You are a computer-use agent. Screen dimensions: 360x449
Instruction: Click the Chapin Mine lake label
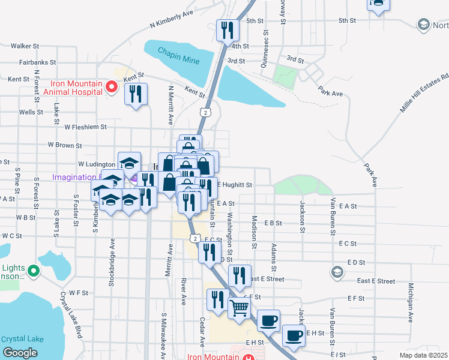point(178,51)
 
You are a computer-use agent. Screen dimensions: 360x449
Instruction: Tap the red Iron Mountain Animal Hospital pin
point(111,88)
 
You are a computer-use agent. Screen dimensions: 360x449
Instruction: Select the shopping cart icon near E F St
point(240,308)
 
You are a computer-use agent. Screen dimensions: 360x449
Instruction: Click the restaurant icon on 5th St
point(228,29)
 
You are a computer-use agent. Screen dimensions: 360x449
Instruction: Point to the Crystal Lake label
point(22,338)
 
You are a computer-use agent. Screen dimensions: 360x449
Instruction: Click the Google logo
point(20,353)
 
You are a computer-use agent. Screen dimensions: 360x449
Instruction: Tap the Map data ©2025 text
point(423,355)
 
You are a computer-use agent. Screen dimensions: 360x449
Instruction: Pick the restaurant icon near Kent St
point(136,94)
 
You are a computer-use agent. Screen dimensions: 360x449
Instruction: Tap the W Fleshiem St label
point(85,127)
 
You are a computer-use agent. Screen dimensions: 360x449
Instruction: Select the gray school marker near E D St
point(337,272)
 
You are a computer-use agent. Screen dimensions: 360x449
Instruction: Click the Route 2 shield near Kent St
point(206,112)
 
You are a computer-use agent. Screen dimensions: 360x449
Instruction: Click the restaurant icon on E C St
point(209,252)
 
